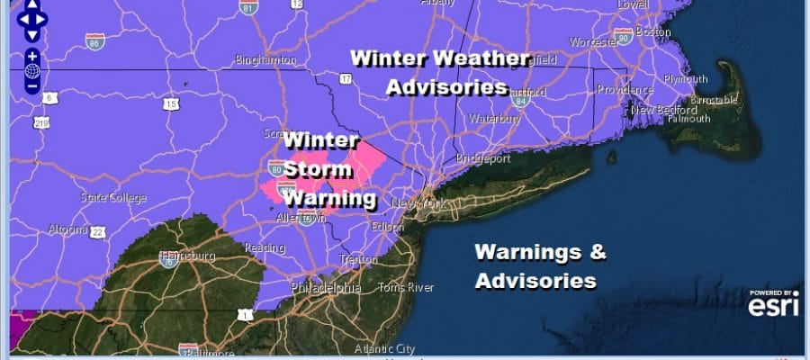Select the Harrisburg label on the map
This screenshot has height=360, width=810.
coord(187,256)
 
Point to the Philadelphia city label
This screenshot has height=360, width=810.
coord(326,288)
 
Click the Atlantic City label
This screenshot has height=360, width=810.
coord(385,348)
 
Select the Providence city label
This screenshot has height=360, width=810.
coord(624,91)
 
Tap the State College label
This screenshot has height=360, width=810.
coord(114,197)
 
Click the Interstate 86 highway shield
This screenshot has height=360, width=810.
coord(94,42)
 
